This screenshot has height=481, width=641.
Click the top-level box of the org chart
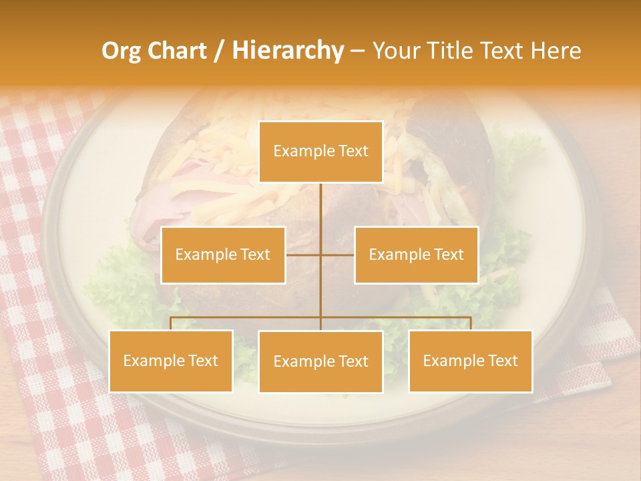pos(320,152)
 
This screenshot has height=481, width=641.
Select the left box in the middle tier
pos(223,255)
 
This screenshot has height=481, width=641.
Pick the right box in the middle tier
pos(416,255)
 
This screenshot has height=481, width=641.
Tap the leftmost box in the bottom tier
pos(171,361)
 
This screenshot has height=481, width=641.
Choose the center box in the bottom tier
pos(320,362)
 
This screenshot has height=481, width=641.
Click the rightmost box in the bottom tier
pos(471,361)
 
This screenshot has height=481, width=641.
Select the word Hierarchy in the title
pos(287,51)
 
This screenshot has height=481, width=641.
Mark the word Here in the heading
pos(556,51)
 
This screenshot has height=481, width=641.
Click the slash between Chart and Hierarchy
pos(219,51)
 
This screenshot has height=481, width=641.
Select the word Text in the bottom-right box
pos(502,361)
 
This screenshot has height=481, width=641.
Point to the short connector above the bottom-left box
pos(171,323)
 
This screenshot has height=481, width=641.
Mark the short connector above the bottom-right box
pos(471,323)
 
